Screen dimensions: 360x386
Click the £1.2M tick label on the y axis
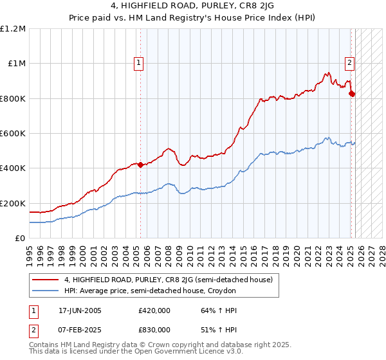14,28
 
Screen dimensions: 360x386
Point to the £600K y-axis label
12,133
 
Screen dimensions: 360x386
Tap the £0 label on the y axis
21,238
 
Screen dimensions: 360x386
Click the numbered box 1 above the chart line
140,63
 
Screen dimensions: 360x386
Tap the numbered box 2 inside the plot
349,63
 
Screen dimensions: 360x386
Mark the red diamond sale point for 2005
140,165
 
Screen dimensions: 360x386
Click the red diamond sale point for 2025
351,93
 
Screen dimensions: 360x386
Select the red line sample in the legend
46,280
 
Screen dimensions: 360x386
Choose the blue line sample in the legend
46,291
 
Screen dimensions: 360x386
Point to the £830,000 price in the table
154,329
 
